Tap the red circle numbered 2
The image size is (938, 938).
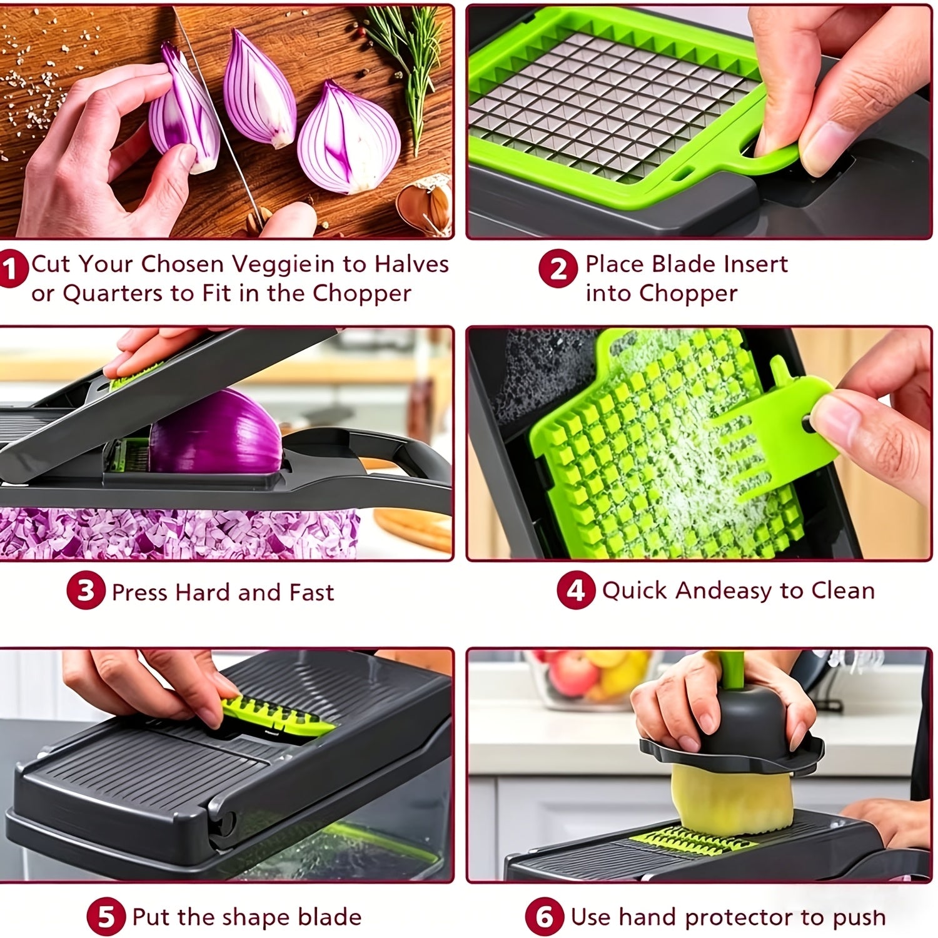(557, 269)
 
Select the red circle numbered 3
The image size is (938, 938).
(86, 592)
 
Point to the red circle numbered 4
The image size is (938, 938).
(575, 590)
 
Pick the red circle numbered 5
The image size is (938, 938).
(106, 917)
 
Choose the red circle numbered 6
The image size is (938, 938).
(545, 917)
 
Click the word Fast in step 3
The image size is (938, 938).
(311, 592)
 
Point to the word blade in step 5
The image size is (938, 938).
(330, 917)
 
